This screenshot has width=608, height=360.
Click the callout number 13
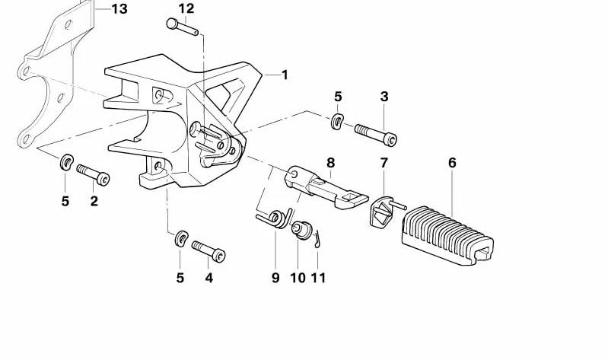click(x=119, y=9)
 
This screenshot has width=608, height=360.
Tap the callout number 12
click(x=186, y=8)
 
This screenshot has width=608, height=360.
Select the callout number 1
click(x=285, y=75)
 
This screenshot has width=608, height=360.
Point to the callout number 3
click(x=384, y=97)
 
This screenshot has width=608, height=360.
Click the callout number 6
click(x=452, y=163)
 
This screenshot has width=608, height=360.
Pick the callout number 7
click(x=384, y=163)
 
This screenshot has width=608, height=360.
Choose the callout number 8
click(x=330, y=163)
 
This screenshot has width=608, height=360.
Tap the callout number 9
click(x=275, y=278)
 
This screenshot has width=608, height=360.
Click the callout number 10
click(x=298, y=278)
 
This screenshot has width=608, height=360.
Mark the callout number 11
click(x=318, y=278)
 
